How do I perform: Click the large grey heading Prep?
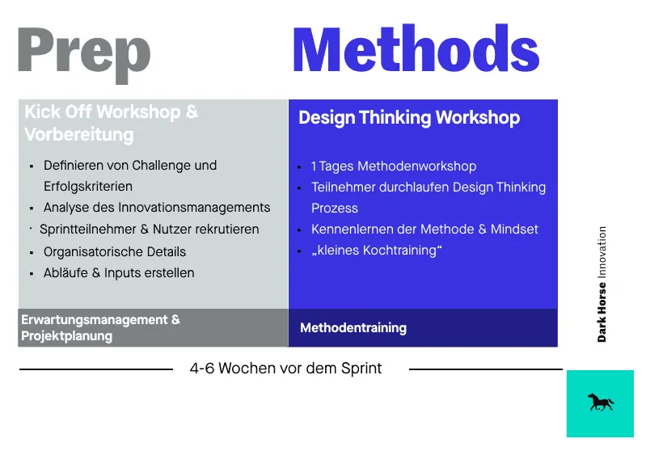point(83,53)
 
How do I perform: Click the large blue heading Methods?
point(416,51)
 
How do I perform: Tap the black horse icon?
point(600,403)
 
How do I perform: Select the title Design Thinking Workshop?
point(409,118)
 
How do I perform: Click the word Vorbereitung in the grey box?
point(79,134)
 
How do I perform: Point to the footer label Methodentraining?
point(353,328)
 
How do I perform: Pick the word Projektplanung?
point(67,335)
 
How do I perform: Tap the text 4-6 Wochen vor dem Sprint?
point(285,369)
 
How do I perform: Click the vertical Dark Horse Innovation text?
point(602,284)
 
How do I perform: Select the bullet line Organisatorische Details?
point(115,251)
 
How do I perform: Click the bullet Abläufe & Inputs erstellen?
point(119,272)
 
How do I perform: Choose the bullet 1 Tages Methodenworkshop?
point(394,166)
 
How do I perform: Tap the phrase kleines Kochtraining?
point(377,251)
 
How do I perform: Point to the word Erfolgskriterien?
point(88,186)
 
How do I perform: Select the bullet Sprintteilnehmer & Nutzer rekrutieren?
point(150,230)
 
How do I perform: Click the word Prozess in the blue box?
point(335,208)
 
